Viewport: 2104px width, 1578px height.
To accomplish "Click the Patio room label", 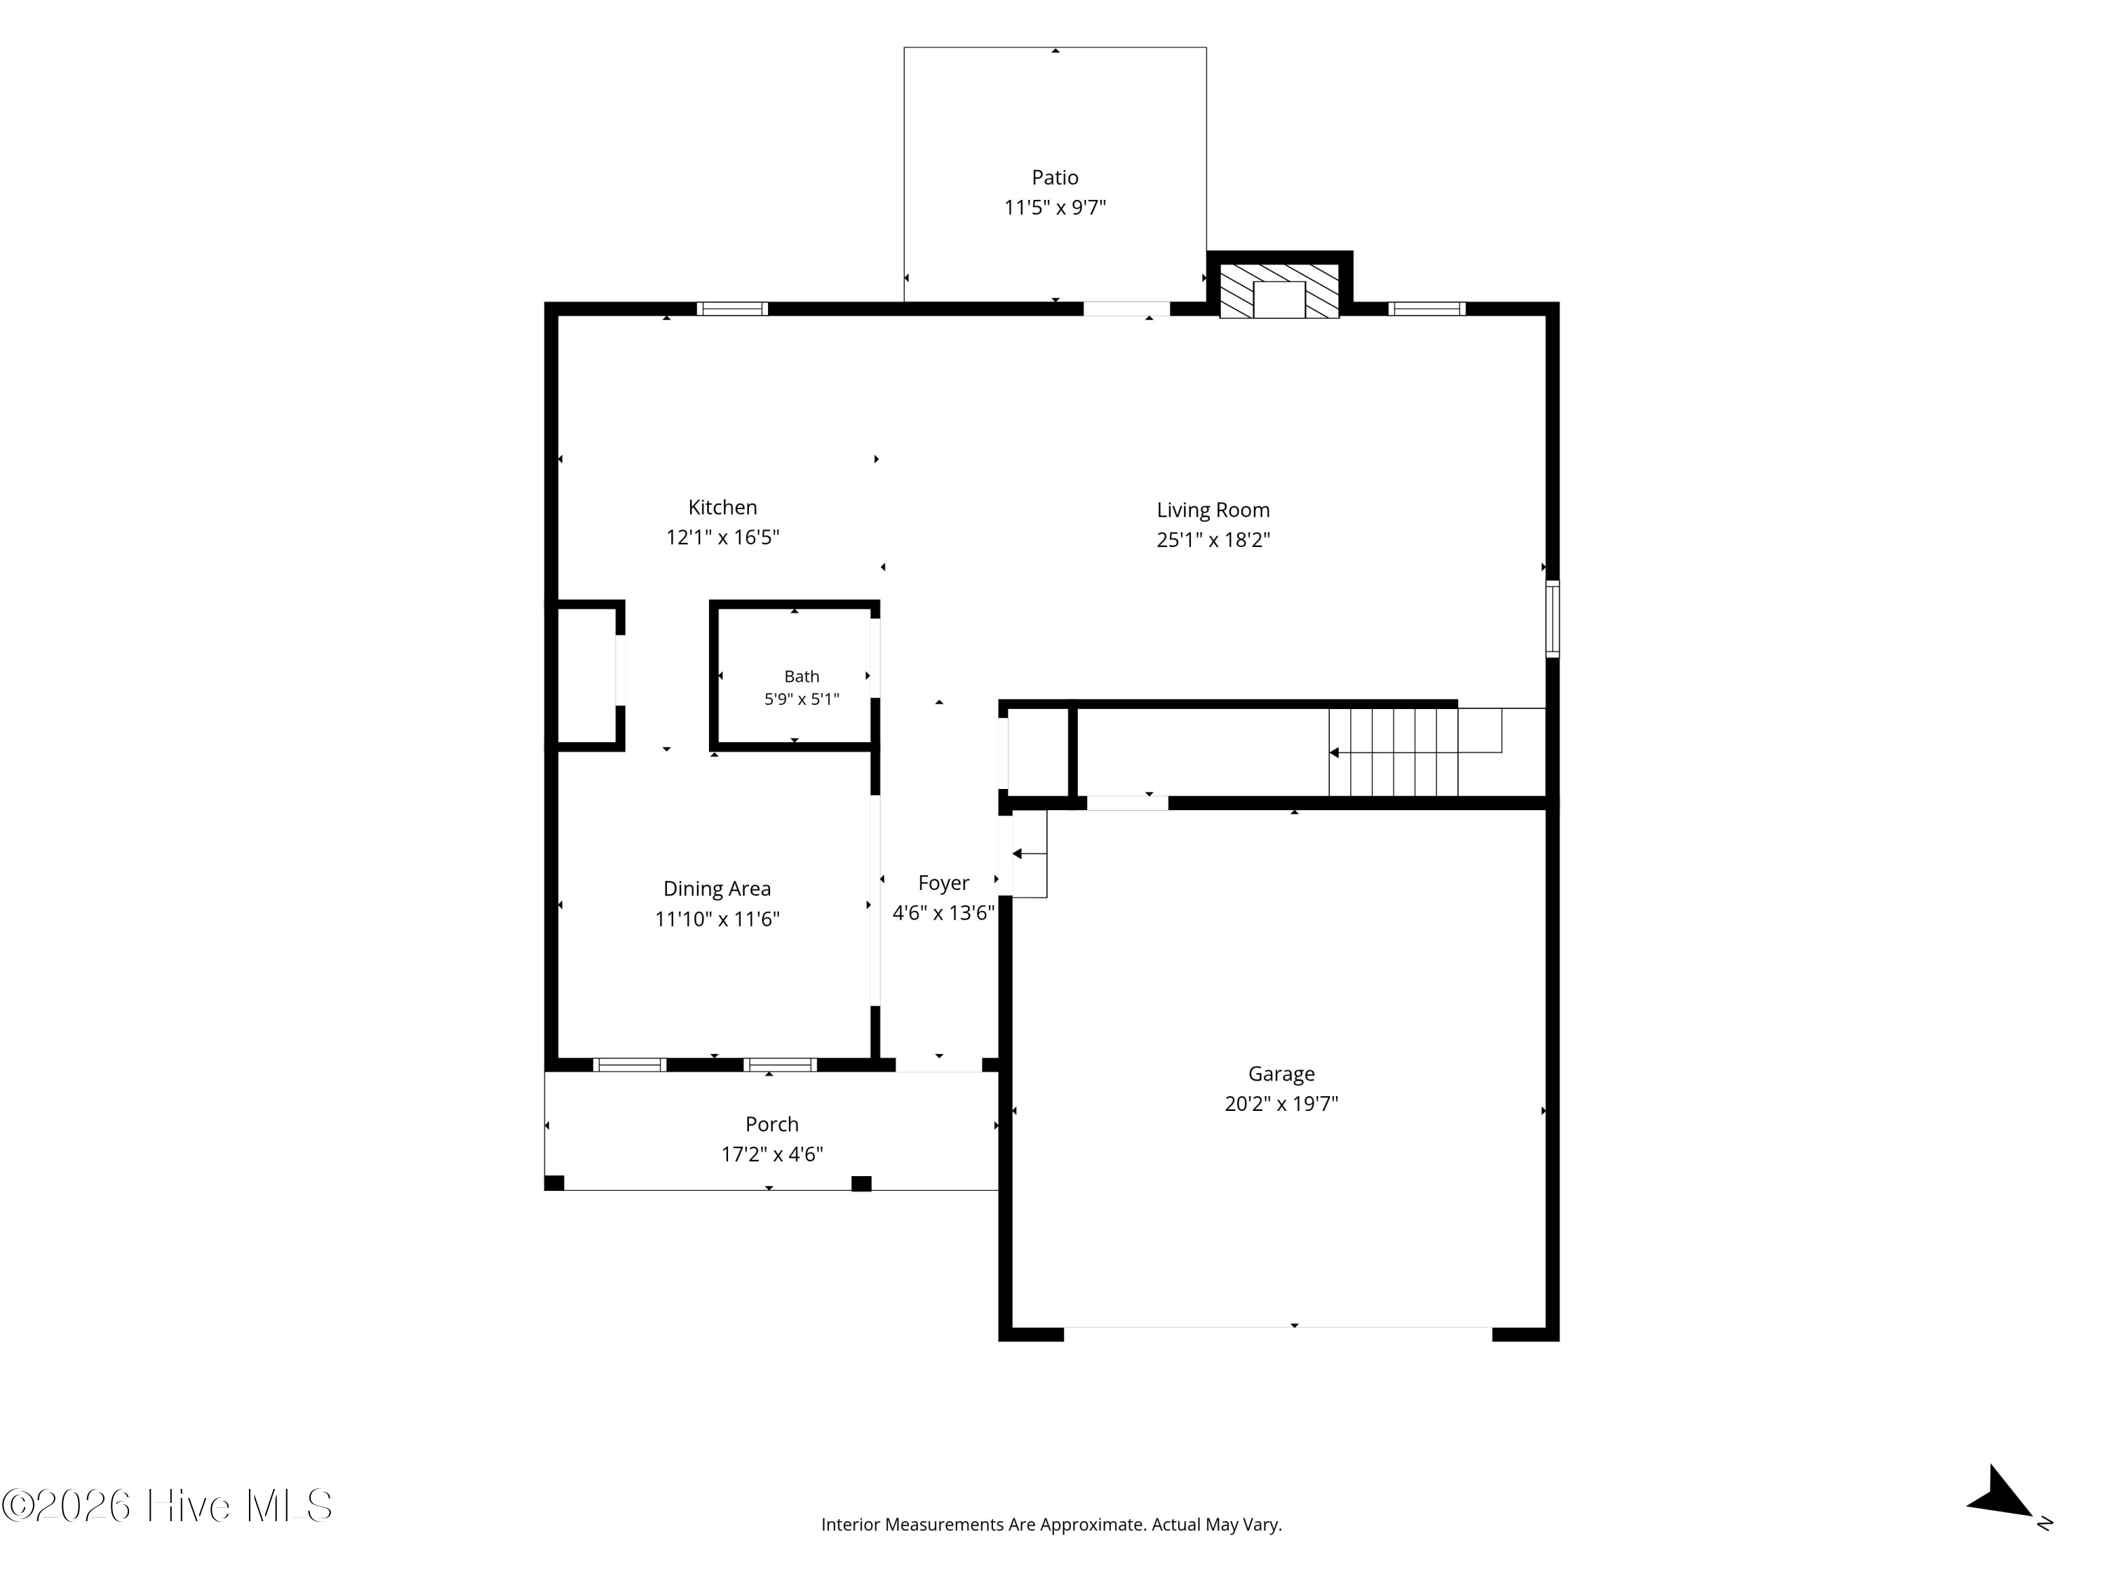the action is tap(1055, 177).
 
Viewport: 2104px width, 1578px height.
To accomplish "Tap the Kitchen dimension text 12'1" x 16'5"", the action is tap(723, 537).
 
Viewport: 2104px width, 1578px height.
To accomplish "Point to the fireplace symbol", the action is tap(1279, 291).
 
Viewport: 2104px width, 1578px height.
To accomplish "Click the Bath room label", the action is tap(801, 676).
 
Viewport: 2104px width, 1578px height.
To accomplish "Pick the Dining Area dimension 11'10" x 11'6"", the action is tap(717, 919).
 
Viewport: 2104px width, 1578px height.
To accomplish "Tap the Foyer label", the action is tap(943, 884).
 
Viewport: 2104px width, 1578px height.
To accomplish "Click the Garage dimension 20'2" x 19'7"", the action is tap(1281, 1103).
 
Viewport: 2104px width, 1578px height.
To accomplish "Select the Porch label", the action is tap(771, 1124).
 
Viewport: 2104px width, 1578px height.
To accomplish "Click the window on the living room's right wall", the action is tap(1552, 619).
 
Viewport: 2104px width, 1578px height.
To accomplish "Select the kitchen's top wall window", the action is tap(731, 308).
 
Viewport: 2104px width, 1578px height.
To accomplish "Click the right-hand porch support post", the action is tap(861, 1183).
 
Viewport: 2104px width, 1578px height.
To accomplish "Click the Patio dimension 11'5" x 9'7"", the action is tap(1055, 208).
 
